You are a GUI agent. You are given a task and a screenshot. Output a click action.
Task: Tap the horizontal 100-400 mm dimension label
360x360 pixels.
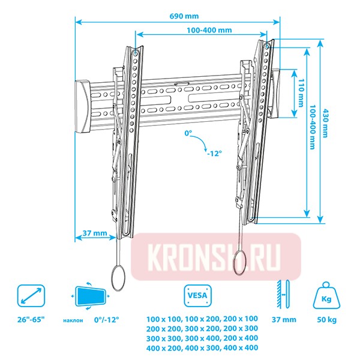point(209,29)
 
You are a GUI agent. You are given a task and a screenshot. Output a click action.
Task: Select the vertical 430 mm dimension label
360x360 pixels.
point(325,124)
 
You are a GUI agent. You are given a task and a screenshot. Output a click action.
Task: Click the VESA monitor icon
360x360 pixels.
point(193,295)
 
